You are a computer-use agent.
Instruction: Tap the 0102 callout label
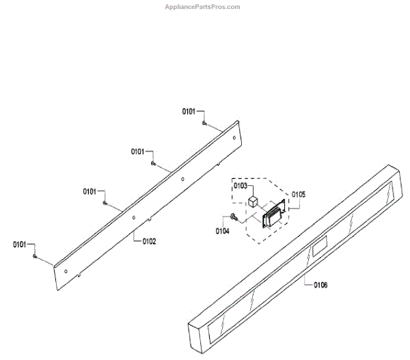point(149,240)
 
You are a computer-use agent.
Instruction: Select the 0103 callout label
point(241,185)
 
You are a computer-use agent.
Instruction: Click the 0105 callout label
point(299,194)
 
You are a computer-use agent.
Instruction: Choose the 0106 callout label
point(320,285)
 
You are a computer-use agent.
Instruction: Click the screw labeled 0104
point(234,218)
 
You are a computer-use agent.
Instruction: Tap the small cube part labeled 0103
point(254,201)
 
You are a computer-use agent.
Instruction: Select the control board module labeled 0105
point(273,217)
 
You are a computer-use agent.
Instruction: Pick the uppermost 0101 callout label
point(189,111)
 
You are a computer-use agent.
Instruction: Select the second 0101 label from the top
point(139,152)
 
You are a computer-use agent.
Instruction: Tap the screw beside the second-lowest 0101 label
point(104,203)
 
